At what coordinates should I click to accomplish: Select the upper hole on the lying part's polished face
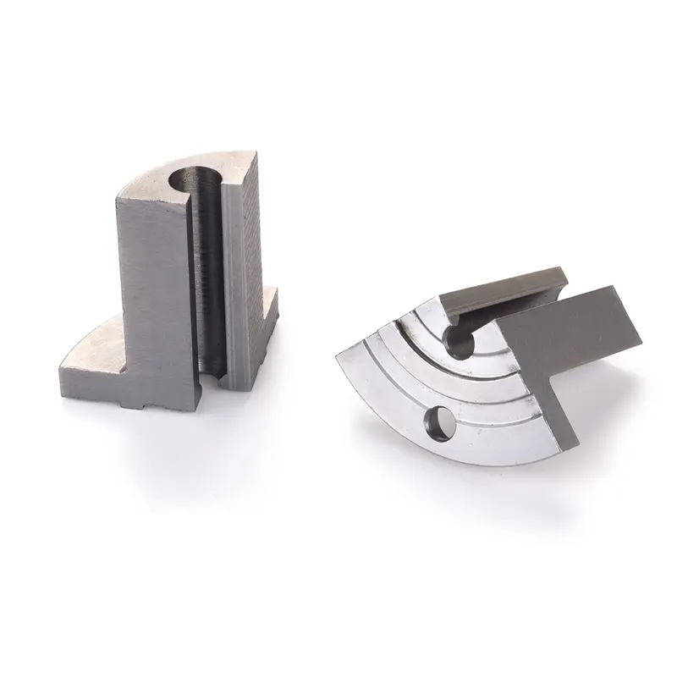pyautogui.click(x=462, y=344)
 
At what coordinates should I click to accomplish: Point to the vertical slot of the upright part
pyautogui.click(x=212, y=279)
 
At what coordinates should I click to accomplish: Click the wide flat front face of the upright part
pyautogui.click(x=152, y=288)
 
